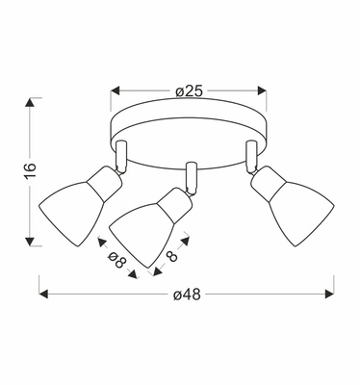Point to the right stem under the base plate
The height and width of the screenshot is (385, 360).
[x=251, y=151]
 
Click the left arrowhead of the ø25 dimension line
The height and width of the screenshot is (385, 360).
[x=109, y=91]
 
